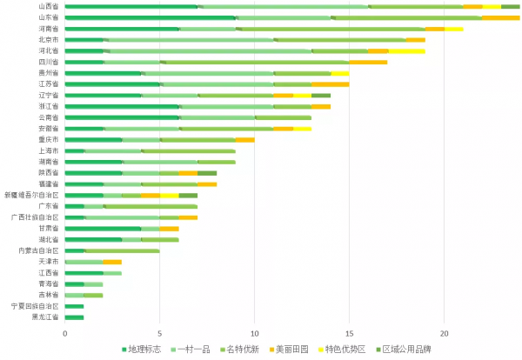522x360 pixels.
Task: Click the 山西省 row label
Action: pos(49,6)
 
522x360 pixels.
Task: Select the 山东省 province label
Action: pos(49,17)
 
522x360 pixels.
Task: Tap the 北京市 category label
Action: pos(49,40)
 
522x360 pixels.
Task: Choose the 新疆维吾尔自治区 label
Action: pos(33,195)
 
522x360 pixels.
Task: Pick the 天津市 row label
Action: pos(49,262)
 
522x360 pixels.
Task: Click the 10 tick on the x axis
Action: pos(255,332)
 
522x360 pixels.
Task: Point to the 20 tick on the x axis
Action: pos(444,332)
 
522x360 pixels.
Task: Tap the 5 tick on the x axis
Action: pos(160,332)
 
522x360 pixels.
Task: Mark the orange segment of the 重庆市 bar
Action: pos(244,140)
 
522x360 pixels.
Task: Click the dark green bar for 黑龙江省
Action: pos(74,317)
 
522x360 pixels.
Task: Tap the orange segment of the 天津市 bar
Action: pos(111,262)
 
